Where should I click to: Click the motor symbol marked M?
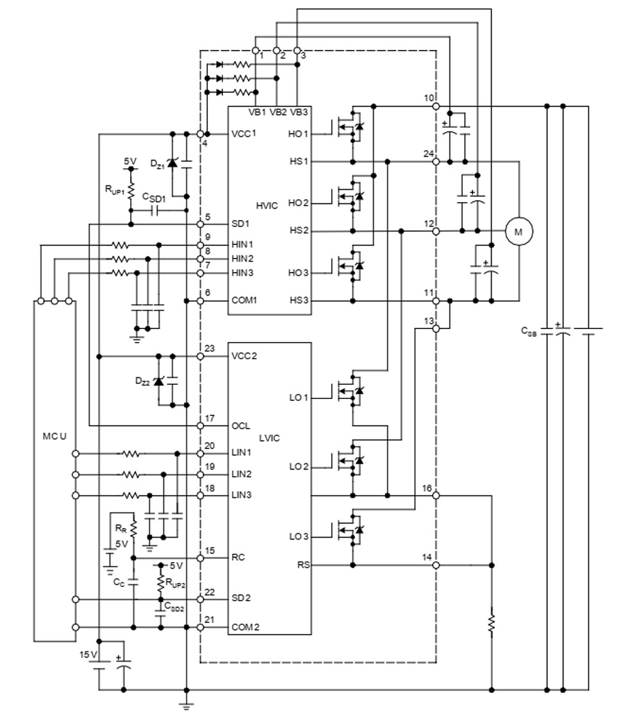pos(519,231)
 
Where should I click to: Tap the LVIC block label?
pos(270,438)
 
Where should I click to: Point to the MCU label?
pos(54,437)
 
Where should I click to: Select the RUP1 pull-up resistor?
pos(131,191)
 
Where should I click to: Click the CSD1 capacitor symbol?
pos(156,210)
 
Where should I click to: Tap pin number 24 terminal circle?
pos(435,162)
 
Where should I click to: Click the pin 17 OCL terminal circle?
pos(201,426)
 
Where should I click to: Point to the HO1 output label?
pos(299,134)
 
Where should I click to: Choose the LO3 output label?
pos(299,536)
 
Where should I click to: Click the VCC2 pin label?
pos(244,356)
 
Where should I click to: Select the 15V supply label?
pos(88,654)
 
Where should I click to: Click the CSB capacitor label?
pos(528,332)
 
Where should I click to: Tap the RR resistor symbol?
pos(133,529)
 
